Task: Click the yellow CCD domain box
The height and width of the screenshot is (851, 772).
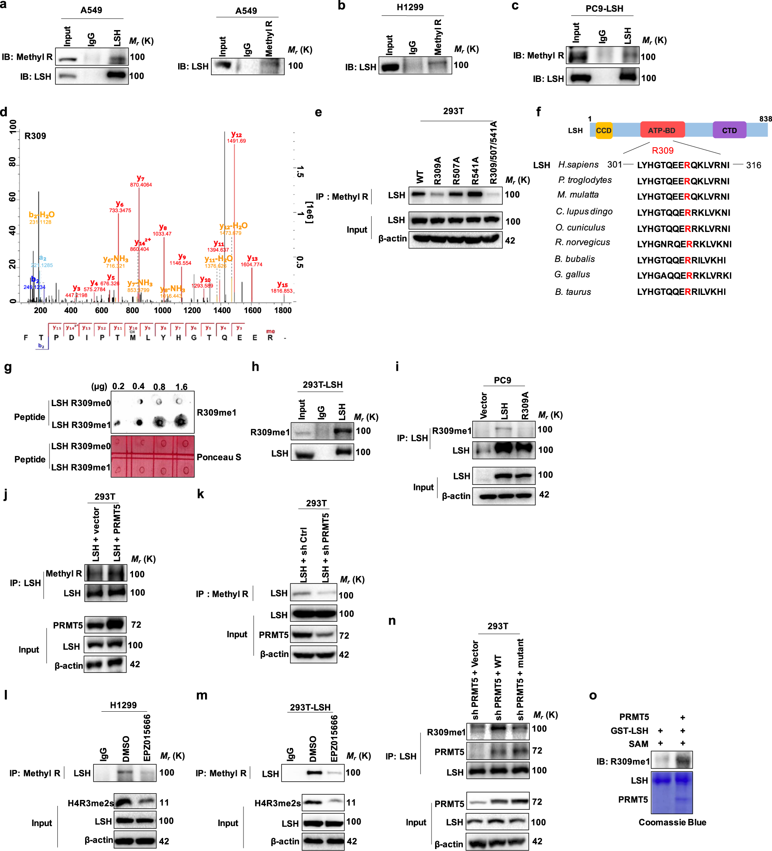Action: [603, 131]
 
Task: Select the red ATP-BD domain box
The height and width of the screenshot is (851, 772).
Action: [662, 131]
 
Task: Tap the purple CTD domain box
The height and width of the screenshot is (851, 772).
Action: [729, 131]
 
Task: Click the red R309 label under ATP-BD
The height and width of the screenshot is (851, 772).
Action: [662, 151]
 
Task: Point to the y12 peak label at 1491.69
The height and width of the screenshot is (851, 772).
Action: [236, 138]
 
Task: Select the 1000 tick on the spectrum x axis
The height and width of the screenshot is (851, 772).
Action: [163, 311]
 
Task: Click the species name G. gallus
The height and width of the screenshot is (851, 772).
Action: [572, 275]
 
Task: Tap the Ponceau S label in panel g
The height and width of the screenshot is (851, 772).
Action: [219, 457]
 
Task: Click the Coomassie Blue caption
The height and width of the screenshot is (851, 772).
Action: [672, 822]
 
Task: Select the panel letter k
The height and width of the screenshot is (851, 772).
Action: [201, 494]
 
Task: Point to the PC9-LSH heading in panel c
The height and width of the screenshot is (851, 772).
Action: [604, 9]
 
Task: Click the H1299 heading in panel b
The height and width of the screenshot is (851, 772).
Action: [410, 8]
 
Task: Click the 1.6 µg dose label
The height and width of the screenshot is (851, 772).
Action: [181, 387]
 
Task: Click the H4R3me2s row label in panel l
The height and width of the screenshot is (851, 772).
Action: [90, 803]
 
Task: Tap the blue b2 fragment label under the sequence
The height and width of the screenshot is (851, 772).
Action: [41, 346]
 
